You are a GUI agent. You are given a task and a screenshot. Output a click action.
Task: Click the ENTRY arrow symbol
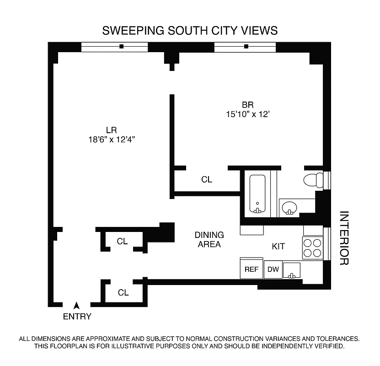(77, 305)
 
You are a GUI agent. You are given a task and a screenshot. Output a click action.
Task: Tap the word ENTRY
(77, 317)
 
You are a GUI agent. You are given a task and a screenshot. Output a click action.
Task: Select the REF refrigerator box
(252, 269)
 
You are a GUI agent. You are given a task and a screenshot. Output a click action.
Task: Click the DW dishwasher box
(273, 269)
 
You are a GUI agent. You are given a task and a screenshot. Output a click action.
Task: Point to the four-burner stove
(313, 248)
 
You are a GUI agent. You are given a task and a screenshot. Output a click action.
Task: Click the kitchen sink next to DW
(292, 270)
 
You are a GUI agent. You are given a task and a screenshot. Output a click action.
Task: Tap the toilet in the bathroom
(313, 180)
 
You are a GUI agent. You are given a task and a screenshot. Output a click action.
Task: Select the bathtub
(258, 194)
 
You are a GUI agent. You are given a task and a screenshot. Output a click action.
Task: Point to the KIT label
(278, 247)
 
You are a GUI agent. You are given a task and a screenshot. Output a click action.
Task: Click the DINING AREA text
(209, 240)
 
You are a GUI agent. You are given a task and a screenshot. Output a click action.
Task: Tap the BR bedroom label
(248, 104)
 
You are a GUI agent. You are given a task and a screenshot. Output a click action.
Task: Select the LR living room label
(112, 130)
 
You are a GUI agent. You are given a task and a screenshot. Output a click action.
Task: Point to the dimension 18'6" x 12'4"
(112, 140)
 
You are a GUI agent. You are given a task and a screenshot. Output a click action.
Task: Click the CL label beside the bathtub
(207, 180)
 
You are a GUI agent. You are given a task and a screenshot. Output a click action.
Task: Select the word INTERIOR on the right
(344, 238)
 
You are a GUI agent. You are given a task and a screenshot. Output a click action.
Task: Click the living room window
(114, 47)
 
